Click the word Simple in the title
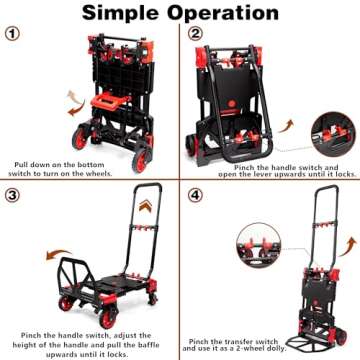click(x=123, y=14)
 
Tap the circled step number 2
click(x=197, y=33)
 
